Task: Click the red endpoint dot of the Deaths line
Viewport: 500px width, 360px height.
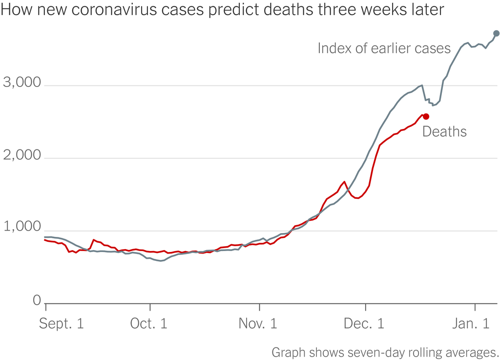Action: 426,116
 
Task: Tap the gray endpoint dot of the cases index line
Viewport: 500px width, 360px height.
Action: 496,33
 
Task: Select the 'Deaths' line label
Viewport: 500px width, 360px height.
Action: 444,131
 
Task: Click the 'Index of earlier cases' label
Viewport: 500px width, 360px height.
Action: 384,48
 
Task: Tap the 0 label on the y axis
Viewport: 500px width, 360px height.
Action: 37,301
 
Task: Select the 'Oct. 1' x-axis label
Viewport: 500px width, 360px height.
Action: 149,324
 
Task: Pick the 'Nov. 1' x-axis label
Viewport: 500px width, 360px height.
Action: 258,324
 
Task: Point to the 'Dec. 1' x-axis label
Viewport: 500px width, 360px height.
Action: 365,324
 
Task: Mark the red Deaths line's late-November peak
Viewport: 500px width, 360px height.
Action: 344,182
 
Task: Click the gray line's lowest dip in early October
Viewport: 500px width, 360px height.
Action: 162,261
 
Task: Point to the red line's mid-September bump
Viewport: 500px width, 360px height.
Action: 93,240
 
